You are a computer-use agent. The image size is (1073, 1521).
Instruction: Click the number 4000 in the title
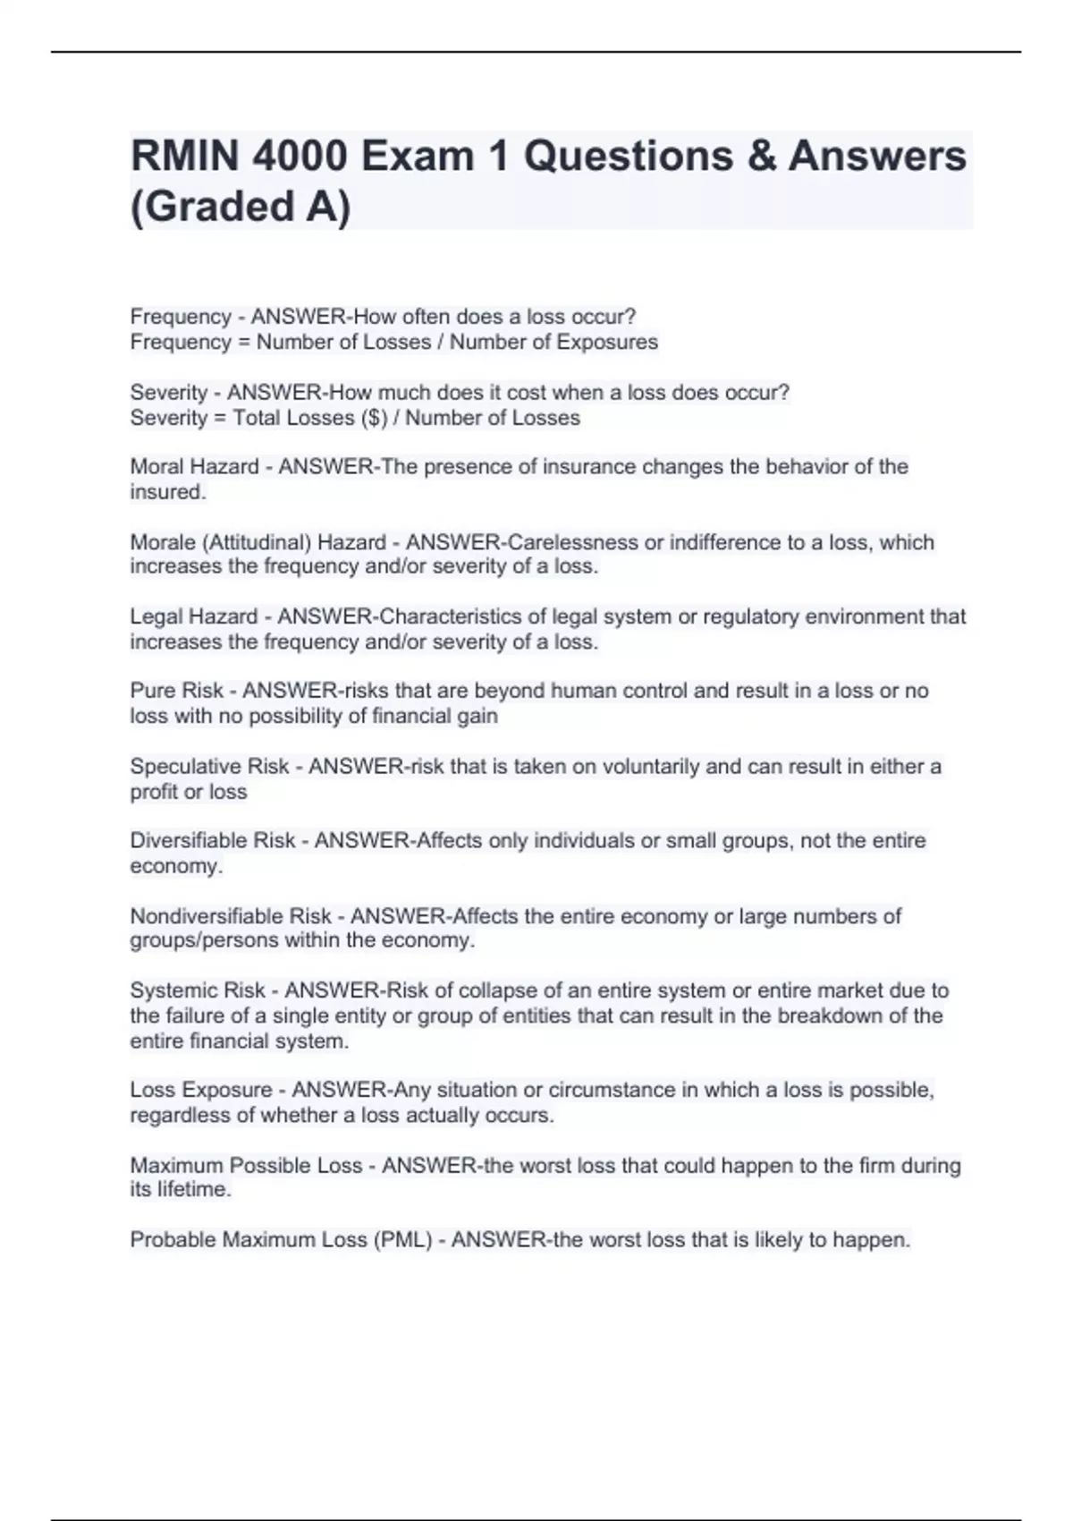click(300, 157)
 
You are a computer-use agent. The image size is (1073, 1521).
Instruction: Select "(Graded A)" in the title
click(241, 207)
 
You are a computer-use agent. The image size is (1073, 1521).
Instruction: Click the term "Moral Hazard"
click(194, 467)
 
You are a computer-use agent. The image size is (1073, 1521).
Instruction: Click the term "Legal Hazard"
click(193, 616)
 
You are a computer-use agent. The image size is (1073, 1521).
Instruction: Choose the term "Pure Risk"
click(177, 691)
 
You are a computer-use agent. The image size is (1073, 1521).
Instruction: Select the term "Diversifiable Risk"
click(212, 841)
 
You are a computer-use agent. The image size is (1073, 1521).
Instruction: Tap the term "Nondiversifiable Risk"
click(231, 916)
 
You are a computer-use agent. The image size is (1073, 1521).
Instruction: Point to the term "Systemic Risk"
click(198, 990)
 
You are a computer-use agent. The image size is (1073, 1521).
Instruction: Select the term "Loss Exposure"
click(201, 1090)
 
